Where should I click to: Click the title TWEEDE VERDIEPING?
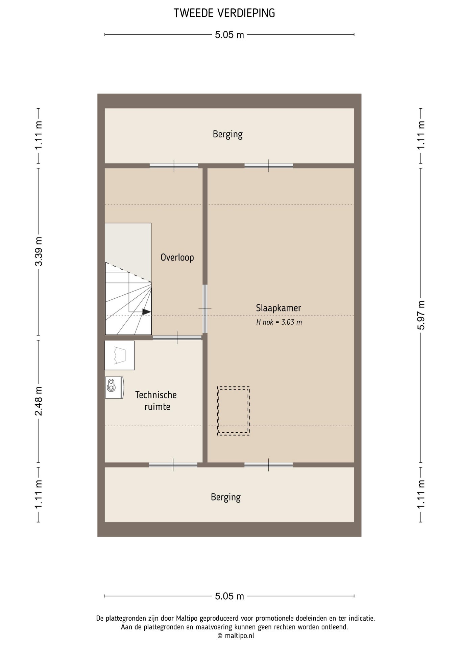pos(224,13)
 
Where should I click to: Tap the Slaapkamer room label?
pos(278,308)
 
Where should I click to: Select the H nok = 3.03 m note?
pos(279,322)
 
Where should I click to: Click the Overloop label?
pos(177,258)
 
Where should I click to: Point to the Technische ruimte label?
pos(156,401)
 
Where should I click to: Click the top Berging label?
pos(227,134)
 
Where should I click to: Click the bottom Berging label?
pos(225,497)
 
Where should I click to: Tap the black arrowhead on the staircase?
pos(146,312)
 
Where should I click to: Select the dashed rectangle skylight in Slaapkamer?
pos(233,411)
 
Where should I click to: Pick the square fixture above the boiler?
pos(119,355)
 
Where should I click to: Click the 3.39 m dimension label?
pos(39,251)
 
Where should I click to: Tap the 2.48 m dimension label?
pos(39,401)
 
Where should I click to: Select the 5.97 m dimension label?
pos(421,315)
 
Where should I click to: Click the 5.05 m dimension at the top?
pos(229,35)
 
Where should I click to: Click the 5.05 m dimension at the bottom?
pos(229,596)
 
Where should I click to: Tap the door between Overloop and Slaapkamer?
pos(205,309)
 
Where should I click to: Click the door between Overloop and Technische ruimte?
pos(177,337)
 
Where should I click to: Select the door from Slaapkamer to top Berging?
pos(269,166)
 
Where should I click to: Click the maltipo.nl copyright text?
pos(236,636)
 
